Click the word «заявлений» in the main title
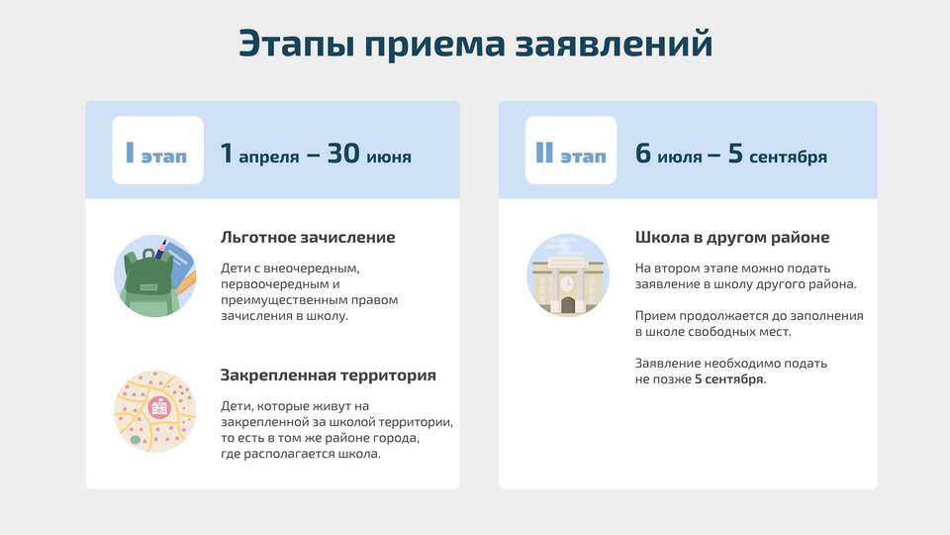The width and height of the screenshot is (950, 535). [614, 44]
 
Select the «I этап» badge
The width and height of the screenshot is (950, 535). [157, 150]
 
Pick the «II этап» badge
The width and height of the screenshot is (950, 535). [571, 150]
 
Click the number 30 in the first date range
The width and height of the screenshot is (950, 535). [343, 154]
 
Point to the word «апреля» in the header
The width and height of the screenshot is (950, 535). [268, 158]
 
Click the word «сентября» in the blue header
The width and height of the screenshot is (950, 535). [788, 158]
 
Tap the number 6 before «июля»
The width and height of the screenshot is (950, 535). [643, 154]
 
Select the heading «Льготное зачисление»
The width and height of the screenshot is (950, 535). [308, 237]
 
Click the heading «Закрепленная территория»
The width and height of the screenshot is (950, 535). [329, 374]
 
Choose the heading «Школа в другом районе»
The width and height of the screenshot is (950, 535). [732, 237]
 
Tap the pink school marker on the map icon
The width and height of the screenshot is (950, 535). [159, 407]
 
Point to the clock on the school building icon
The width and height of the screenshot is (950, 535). [567, 284]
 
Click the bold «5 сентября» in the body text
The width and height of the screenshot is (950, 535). [729, 379]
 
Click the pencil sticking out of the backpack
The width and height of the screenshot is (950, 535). [161, 248]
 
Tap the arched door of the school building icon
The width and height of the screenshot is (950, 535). [568, 305]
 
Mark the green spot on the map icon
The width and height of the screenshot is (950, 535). [136, 440]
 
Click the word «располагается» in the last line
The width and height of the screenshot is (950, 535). [289, 454]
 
